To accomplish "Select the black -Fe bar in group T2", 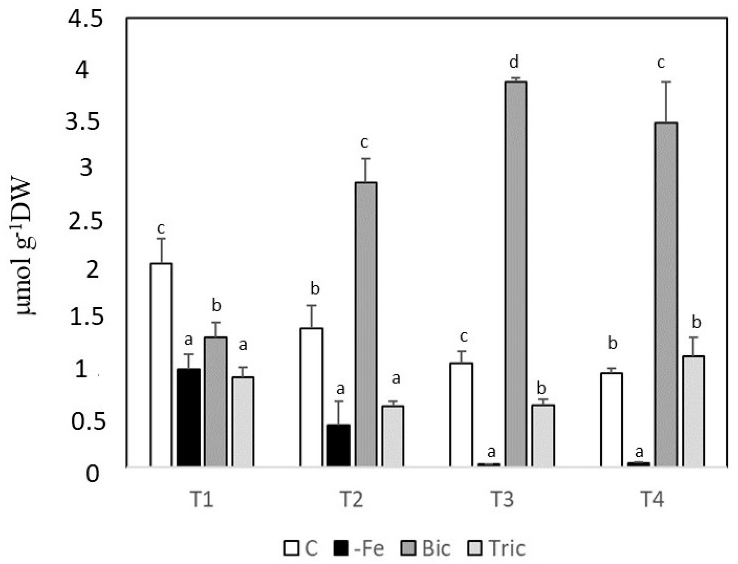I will (x=339, y=445).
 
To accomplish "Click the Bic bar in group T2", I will (x=366, y=324).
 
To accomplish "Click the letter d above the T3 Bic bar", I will (x=514, y=62).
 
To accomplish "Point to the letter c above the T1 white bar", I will (x=161, y=228).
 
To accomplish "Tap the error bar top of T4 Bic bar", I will (x=666, y=82).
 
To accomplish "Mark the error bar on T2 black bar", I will (x=339, y=412).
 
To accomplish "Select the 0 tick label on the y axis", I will (x=92, y=475).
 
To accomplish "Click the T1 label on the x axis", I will (x=201, y=500).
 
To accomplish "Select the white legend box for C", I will (x=292, y=548).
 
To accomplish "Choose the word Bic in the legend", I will (x=436, y=548).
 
